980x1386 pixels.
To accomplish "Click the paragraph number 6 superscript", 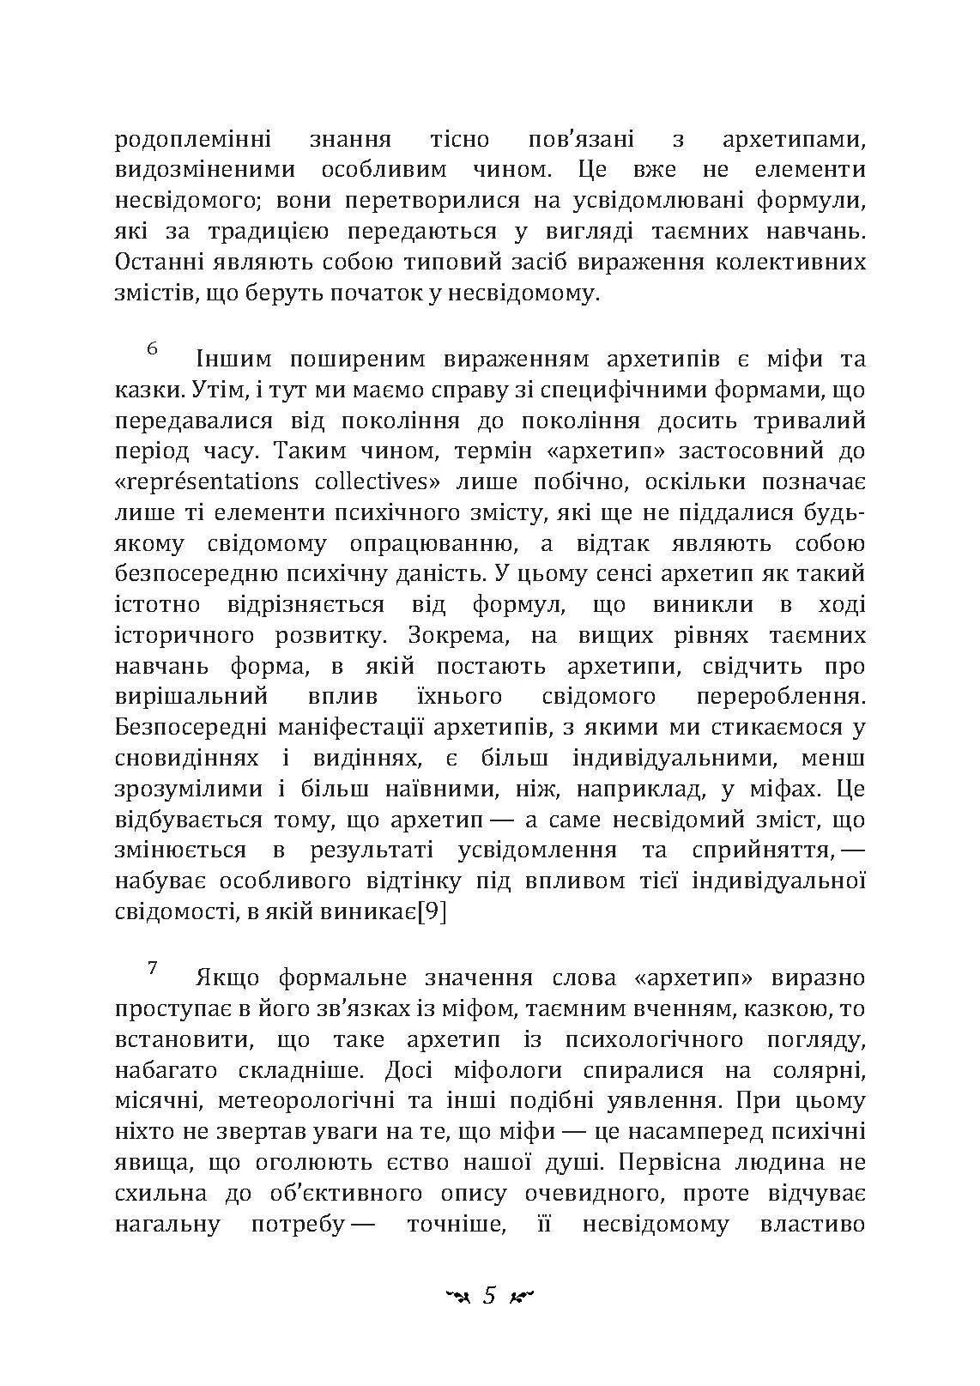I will point(153,348).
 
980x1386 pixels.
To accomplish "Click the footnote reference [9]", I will point(430,912).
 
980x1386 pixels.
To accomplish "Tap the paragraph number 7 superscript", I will point(153,967).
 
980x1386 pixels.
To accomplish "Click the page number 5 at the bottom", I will point(490,1295).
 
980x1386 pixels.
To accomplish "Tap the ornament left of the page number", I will point(458,1296).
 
